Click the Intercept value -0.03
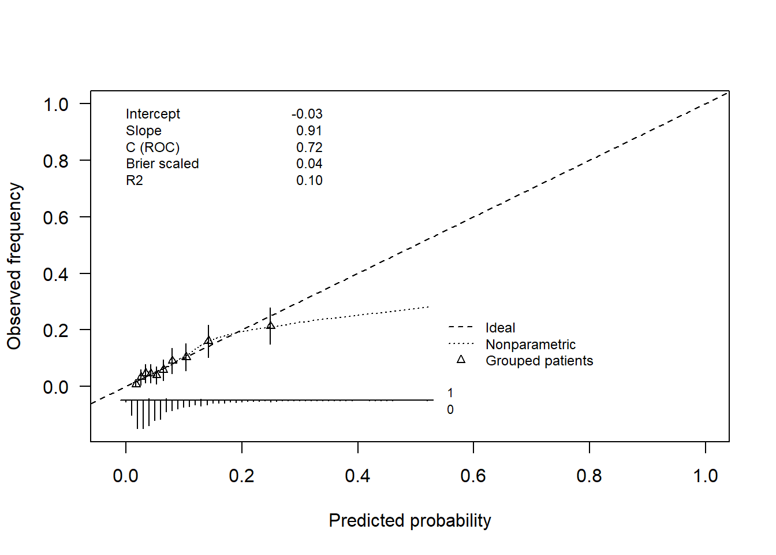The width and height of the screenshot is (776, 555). point(307,114)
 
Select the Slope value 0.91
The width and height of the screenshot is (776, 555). point(309,131)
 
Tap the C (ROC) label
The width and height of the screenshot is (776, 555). point(152,147)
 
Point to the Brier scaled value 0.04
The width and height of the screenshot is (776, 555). point(309,164)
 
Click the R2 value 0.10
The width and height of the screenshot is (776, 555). point(309,180)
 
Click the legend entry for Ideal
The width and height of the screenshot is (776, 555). point(500,328)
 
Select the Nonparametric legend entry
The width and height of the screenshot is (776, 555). point(530,345)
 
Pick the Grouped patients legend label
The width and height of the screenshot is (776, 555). point(539,361)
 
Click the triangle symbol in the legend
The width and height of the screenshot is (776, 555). point(461,360)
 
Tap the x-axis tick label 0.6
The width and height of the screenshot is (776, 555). point(473,476)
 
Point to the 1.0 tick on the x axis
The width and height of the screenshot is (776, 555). point(705,476)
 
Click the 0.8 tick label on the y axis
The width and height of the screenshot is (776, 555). point(55,161)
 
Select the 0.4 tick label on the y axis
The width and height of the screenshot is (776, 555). point(55,274)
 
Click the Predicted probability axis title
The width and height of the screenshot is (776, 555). point(409,520)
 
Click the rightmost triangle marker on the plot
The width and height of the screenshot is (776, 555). point(270,325)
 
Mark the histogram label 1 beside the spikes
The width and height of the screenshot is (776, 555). point(450,393)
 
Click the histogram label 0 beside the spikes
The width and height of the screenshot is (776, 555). point(450,410)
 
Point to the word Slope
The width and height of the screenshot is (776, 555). point(143,131)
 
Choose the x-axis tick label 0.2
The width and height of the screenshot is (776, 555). point(241,476)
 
